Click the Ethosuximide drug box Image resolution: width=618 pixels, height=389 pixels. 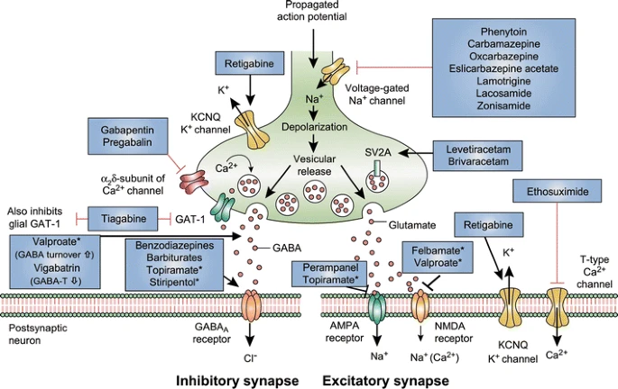pyautogui.click(x=558, y=191)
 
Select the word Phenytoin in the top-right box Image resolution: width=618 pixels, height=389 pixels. pyautogui.click(x=503, y=32)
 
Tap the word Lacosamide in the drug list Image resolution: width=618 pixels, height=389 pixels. pyautogui.click(x=503, y=94)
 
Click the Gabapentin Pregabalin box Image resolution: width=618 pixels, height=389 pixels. pyautogui.click(x=128, y=136)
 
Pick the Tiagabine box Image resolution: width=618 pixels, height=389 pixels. pyautogui.click(x=124, y=219)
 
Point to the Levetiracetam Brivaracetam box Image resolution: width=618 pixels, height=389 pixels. pyautogui.click(x=477, y=156)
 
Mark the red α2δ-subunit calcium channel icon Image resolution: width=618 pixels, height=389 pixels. pyautogui.click(x=193, y=182)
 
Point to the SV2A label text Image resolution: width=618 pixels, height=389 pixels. pyautogui.click(x=378, y=152)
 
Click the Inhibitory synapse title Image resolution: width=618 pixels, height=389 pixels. pyautogui.click(x=237, y=381)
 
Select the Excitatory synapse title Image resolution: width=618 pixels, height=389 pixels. pyautogui.click(x=385, y=381)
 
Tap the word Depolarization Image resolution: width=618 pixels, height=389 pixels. pyautogui.click(x=315, y=127)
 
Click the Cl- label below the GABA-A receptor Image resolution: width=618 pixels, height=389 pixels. pyautogui.click(x=250, y=357)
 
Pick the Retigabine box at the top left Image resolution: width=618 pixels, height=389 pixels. pyautogui.click(x=250, y=63)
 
